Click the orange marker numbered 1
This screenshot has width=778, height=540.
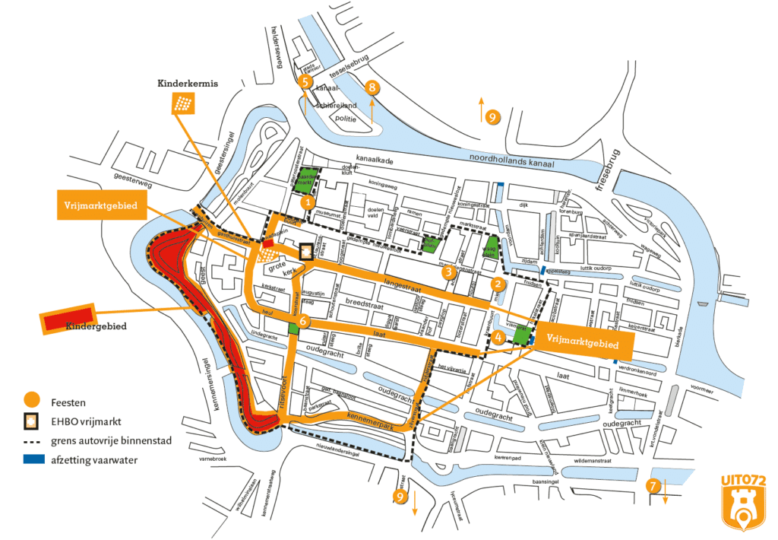pos(306,203)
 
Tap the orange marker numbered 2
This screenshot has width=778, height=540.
pos(498,284)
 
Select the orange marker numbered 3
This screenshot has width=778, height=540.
pos(449,271)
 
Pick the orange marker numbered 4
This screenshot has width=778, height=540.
pos(498,336)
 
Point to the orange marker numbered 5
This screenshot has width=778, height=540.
pos(306,81)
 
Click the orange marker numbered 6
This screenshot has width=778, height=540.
pos(303,321)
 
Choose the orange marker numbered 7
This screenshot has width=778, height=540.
pos(652,486)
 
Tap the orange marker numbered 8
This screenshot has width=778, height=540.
pos(372,87)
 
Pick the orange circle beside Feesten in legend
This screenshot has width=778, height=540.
pos(31,399)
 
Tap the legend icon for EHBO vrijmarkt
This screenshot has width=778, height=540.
pos(31,420)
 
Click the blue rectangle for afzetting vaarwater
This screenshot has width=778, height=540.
pos(31,459)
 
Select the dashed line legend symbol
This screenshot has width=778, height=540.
pos(31,440)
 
